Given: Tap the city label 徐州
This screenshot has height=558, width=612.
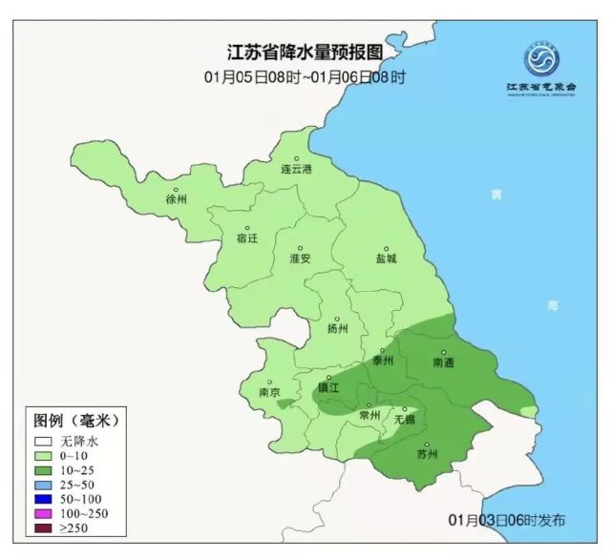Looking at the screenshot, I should point(176,199).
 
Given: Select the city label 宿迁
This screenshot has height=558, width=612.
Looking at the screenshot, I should point(246,238).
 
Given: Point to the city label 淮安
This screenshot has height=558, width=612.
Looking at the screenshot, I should point(300,258).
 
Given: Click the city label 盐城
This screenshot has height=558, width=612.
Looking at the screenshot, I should point(386,258).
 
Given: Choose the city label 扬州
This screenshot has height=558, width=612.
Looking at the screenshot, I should point(337,328).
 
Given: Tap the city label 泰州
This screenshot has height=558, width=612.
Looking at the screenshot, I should point(383,361).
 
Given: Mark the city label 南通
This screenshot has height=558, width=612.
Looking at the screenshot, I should point(443,362).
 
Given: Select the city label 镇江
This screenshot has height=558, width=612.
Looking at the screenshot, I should point(328,388).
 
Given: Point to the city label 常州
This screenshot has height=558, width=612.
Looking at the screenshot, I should point(369,416).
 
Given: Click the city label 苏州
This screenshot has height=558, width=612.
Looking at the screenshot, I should point(427,454).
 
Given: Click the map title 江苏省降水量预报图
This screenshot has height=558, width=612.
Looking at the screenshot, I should point(305,52).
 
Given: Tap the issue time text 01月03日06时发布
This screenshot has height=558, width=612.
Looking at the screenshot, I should point(506,520).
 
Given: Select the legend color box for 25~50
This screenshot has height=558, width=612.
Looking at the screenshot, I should point(44,485).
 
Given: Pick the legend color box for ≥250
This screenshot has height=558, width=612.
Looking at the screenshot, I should point(44,527).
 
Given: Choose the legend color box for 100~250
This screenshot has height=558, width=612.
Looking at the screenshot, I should point(44,513).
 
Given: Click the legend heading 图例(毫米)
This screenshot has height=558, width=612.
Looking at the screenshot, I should point(75,421).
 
